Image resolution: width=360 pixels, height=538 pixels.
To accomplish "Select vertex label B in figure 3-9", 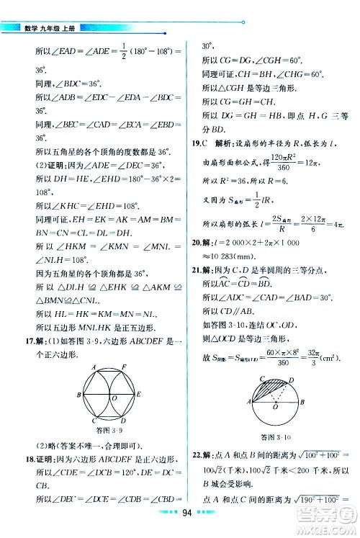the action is point(76,395).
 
